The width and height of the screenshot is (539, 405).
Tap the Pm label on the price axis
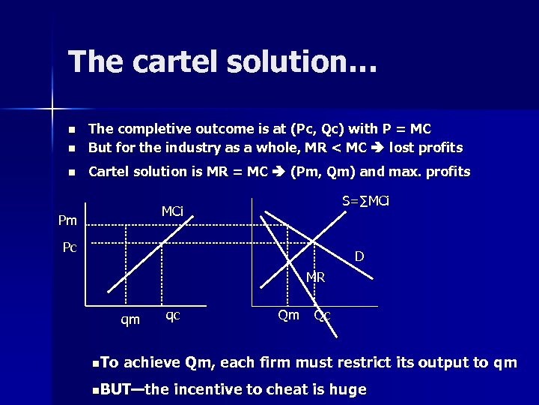pyautogui.click(x=67, y=220)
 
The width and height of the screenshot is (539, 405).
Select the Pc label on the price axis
pyautogui.click(x=70, y=247)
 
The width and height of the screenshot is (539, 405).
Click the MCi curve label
pyautogui.click(x=172, y=211)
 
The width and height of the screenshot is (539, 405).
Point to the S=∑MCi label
pyautogui.click(x=365, y=200)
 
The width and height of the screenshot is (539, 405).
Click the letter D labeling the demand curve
pyautogui.click(x=359, y=256)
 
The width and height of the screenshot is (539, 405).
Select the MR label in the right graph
pyautogui.click(x=314, y=277)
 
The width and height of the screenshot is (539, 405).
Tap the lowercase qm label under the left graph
pyautogui.click(x=130, y=320)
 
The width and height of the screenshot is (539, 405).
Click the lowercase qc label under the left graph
pyautogui.click(x=172, y=315)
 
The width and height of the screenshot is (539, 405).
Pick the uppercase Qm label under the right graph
pyautogui.click(x=288, y=315)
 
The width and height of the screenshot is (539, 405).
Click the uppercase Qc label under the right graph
pyautogui.click(x=322, y=316)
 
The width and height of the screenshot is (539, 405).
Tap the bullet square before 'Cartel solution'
pyautogui.click(x=72, y=172)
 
